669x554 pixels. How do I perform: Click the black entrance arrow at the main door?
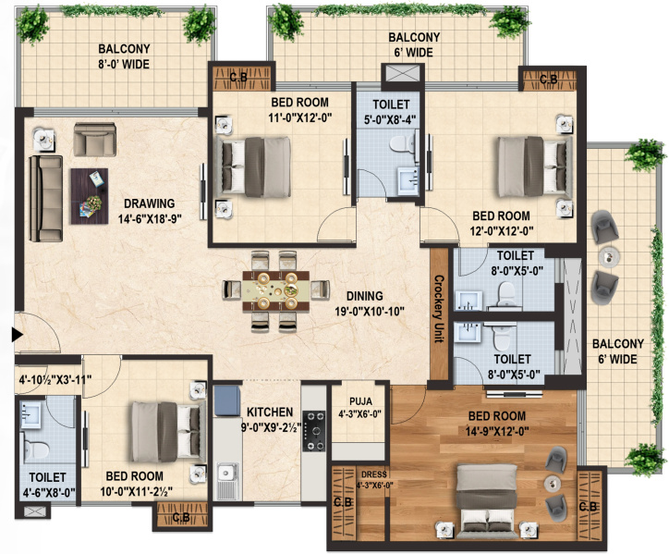pos(17,335)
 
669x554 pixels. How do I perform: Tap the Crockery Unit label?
pos(439,309)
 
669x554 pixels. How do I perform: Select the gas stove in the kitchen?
pos(314,431)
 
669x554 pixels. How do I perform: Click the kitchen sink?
pos(227,481)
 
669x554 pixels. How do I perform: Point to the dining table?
pos(276,291)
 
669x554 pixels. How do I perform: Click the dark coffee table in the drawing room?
pos(90,196)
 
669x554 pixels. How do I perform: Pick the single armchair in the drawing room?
pos(95,140)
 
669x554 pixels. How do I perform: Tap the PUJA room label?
pos(360,401)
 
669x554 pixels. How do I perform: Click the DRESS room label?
pos(373,474)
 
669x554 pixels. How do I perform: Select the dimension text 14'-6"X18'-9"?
pos(150,219)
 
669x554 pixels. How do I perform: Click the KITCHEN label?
pos(270,412)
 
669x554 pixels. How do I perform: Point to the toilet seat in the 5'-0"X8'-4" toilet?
pos(402,143)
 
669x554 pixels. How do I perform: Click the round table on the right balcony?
pos(609,256)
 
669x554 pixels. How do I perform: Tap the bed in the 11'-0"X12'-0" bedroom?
pos(254,167)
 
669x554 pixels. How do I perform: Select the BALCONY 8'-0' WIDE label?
pos(124,56)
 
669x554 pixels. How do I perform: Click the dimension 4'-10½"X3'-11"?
pos(55,379)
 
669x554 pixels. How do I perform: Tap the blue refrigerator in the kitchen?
pos(227,400)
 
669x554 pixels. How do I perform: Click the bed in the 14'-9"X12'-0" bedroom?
pos(486,501)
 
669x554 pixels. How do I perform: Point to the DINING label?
pos(364,296)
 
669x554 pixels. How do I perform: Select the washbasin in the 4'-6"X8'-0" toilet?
pos(30,414)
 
